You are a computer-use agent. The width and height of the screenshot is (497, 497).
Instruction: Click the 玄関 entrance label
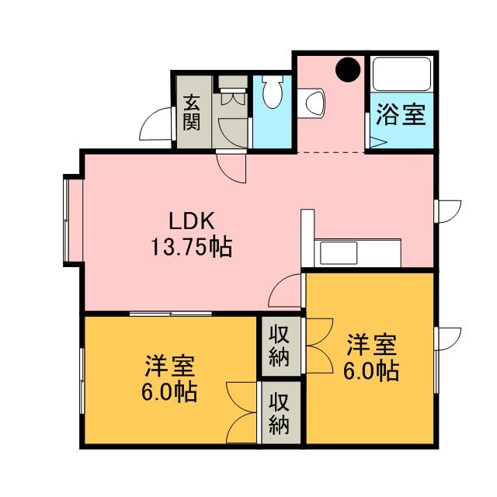tap(192, 113)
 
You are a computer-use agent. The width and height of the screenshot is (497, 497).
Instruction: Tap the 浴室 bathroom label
tap(401, 115)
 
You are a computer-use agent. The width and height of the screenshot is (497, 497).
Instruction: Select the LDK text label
tap(192, 221)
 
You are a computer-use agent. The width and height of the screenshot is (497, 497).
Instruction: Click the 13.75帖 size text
tap(192, 247)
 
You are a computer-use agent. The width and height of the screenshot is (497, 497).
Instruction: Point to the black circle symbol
tap(348, 69)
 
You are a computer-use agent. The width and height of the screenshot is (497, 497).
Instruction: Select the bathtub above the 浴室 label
tap(401, 74)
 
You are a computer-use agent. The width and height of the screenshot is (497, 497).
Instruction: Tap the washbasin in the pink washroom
tap(311, 103)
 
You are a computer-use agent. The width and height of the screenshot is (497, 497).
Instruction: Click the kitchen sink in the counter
tap(339, 252)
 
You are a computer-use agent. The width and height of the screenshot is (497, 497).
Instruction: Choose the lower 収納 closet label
tap(280, 413)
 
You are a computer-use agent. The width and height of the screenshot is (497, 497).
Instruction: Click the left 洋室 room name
tap(170, 367)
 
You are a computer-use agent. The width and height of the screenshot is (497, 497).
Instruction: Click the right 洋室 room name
tap(372, 345)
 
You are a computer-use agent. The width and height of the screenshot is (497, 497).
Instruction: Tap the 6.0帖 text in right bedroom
tap(371, 370)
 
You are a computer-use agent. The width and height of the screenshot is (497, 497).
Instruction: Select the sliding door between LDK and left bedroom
tap(171, 314)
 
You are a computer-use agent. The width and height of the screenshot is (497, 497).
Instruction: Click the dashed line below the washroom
tap(331, 153)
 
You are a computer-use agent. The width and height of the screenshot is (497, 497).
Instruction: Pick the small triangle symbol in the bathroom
tap(377, 142)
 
